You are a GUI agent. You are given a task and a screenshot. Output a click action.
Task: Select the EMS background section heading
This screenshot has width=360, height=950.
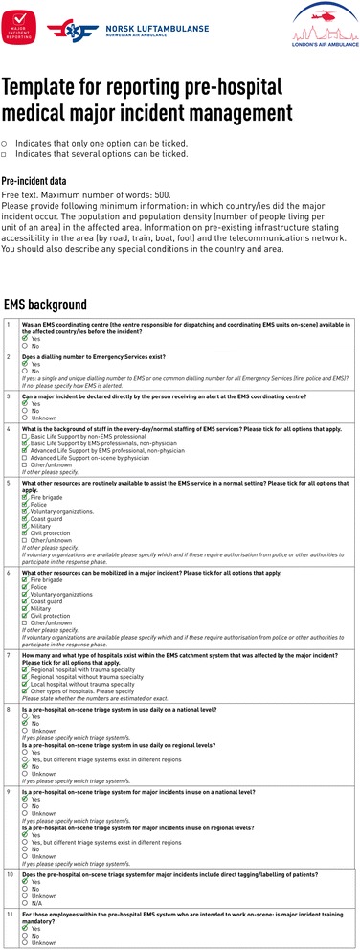(x=45, y=305)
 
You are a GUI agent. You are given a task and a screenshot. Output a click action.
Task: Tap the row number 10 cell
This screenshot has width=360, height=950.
(x=9, y=875)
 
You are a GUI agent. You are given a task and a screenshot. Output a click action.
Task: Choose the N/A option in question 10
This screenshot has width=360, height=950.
(x=26, y=902)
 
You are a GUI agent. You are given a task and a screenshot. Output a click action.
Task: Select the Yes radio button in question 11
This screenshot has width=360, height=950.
(x=26, y=928)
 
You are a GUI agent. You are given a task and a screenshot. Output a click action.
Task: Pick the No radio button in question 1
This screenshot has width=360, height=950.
(x=26, y=345)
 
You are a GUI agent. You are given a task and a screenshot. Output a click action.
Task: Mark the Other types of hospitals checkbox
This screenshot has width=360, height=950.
(x=26, y=672)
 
